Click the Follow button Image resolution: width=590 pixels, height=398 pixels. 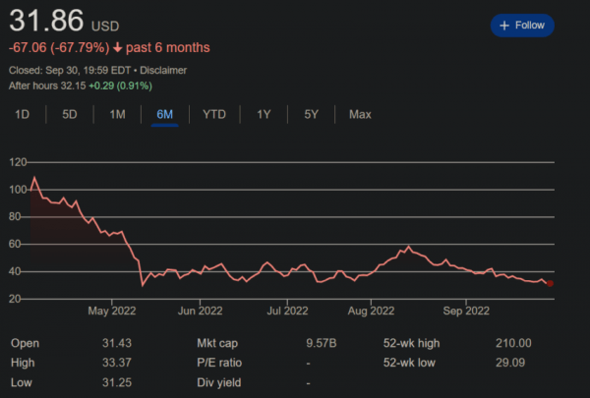(x=522, y=26)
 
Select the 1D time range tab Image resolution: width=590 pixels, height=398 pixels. (x=23, y=115)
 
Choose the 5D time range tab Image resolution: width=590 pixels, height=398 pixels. (x=70, y=115)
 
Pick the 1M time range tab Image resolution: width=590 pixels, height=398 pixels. (x=117, y=115)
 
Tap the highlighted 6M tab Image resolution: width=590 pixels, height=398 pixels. (x=164, y=115)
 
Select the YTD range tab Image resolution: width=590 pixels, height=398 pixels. (x=214, y=115)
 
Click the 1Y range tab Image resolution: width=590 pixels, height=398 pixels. (x=264, y=115)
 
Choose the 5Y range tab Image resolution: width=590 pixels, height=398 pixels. (x=311, y=115)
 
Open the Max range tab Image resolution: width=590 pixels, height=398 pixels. (x=360, y=115)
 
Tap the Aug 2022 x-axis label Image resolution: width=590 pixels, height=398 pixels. (x=370, y=313)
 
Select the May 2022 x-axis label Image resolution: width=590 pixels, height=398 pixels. (x=110, y=313)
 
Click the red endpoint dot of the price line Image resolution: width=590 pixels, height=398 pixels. (x=550, y=284)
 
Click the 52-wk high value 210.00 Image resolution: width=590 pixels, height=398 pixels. (x=512, y=343)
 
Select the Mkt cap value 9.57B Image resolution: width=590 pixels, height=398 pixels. (x=321, y=343)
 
